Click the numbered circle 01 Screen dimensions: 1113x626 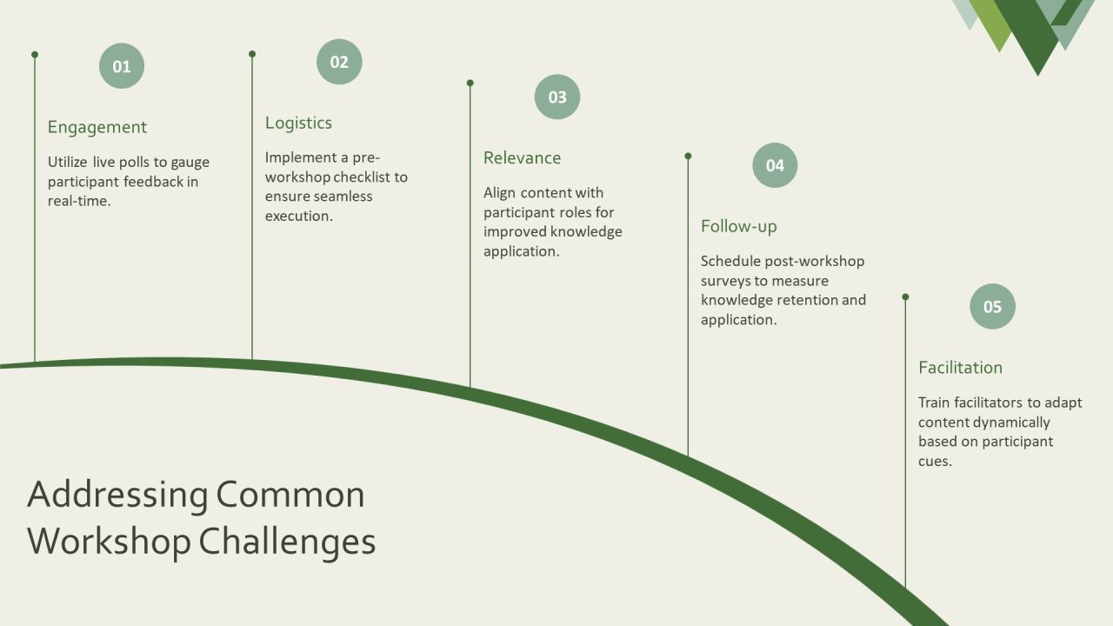[x=122, y=66]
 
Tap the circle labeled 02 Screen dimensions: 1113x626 [x=339, y=62]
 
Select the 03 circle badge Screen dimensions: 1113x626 [x=557, y=97]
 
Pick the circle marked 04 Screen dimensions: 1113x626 [x=775, y=165]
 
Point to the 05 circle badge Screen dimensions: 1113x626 [x=992, y=307]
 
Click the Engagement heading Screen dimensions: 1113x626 [x=97, y=128]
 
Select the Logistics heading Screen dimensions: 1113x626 [x=298, y=123]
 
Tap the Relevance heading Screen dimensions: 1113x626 [x=523, y=158]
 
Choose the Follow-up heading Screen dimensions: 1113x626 [x=739, y=227]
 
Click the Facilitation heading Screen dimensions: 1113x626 [x=961, y=368]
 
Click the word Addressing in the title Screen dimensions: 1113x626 [x=117, y=495]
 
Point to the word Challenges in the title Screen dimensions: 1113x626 [x=287, y=542]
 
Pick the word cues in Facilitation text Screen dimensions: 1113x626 [x=935, y=462]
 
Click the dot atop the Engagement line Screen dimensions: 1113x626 [x=35, y=55]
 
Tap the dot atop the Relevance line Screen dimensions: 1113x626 [x=470, y=83]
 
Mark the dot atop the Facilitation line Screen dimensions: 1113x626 [x=905, y=297]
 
